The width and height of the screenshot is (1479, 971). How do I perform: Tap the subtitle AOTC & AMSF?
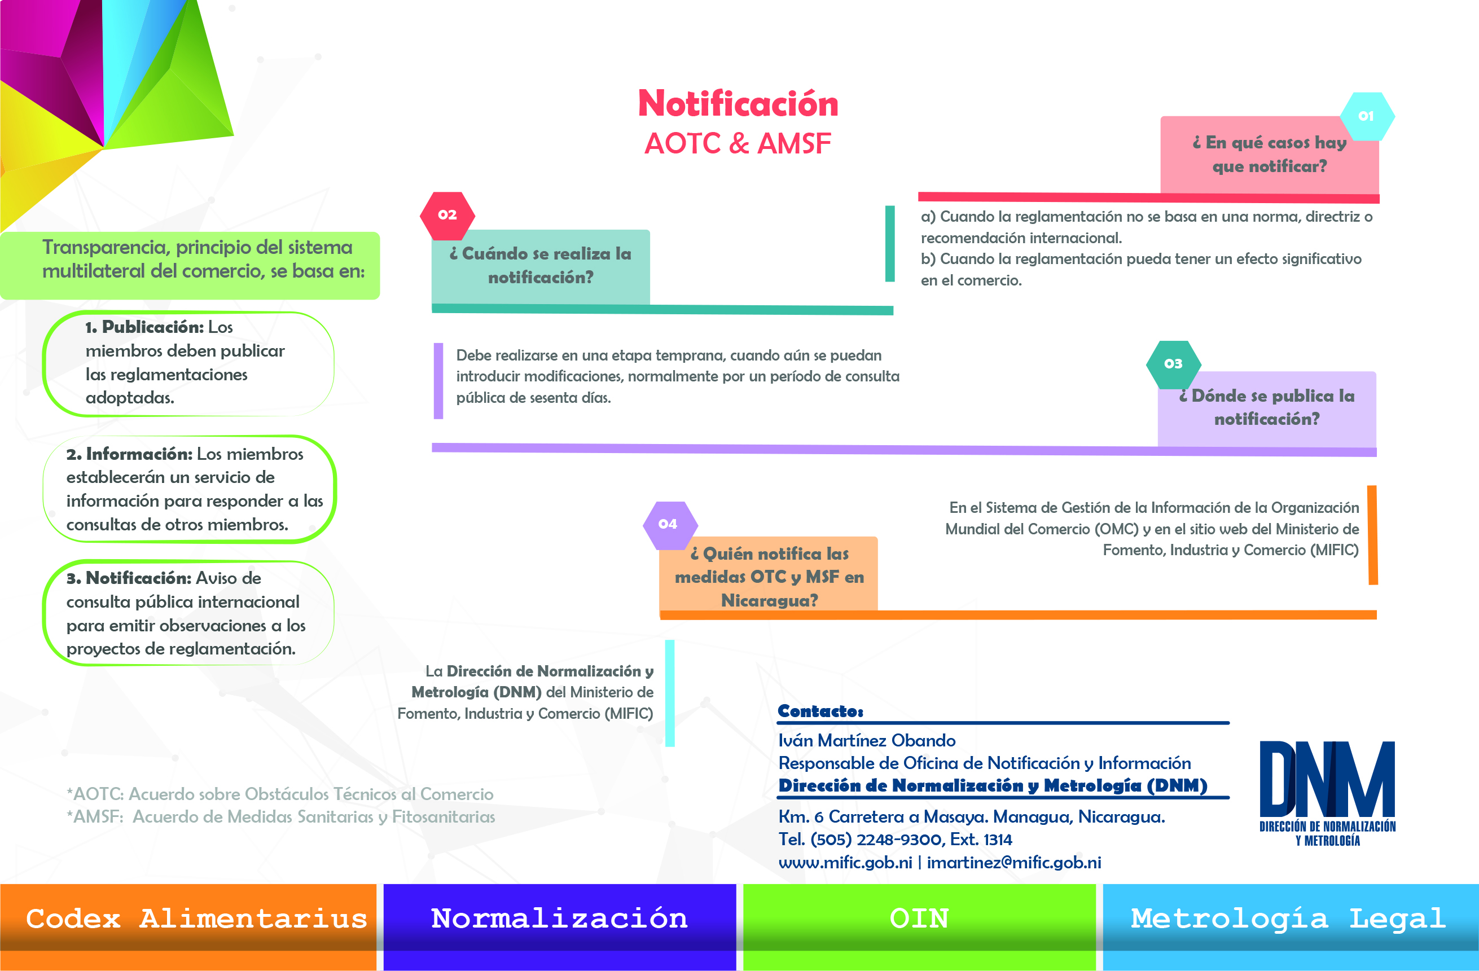click(738, 143)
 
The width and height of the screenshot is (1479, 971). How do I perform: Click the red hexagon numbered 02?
click(447, 216)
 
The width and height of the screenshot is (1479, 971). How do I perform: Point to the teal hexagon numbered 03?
click(1173, 364)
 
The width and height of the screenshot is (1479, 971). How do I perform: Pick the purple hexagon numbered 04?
click(670, 525)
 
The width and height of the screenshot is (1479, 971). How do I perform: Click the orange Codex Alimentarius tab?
click(188, 926)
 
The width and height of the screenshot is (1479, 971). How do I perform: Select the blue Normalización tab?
click(559, 926)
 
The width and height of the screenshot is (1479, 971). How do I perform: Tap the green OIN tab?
click(919, 926)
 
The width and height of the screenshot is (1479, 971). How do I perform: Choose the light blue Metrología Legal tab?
click(1291, 926)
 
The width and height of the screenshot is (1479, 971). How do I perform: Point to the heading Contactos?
click(820, 711)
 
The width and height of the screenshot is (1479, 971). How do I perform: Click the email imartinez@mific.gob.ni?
click(1014, 862)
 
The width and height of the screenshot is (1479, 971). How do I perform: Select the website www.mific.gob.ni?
click(845, 862)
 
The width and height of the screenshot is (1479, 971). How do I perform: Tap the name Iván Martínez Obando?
click(867, 740)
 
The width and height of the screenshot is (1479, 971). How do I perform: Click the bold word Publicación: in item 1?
click(153, 327)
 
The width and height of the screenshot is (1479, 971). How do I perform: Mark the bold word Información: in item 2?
click(139, 454)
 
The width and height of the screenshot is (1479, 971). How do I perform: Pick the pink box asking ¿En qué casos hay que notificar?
click(1270, 155)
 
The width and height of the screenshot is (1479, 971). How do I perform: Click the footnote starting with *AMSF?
click(281, 816)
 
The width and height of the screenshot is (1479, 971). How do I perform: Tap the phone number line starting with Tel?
click(896, 840)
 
